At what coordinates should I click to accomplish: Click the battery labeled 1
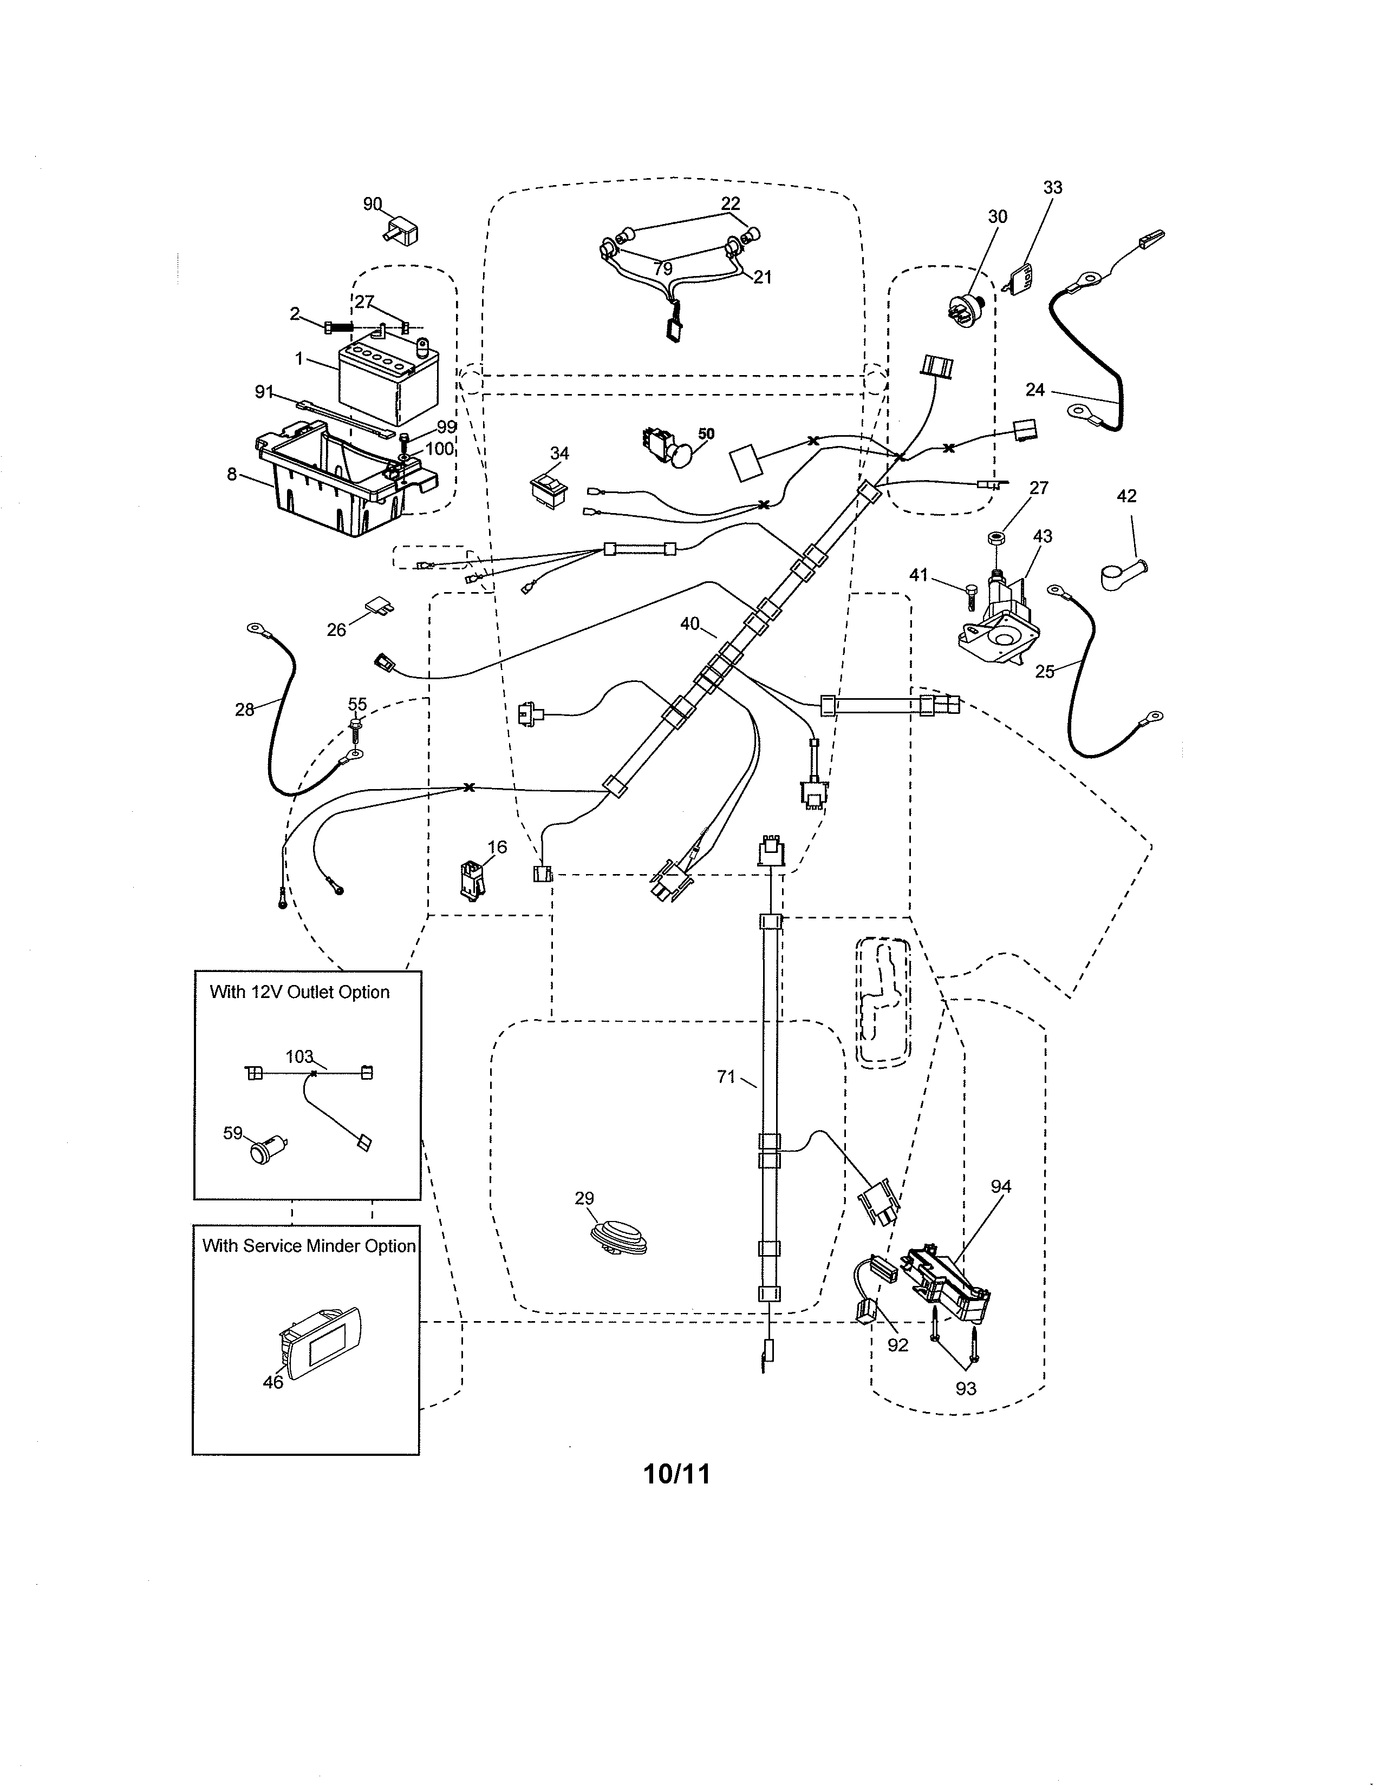click(x=389, y=380)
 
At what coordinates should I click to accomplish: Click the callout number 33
click(x=1052, y=187)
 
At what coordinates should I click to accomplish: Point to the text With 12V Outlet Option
click(x=299, y=992)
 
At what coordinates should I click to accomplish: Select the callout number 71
click(x=726, y=1078)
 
